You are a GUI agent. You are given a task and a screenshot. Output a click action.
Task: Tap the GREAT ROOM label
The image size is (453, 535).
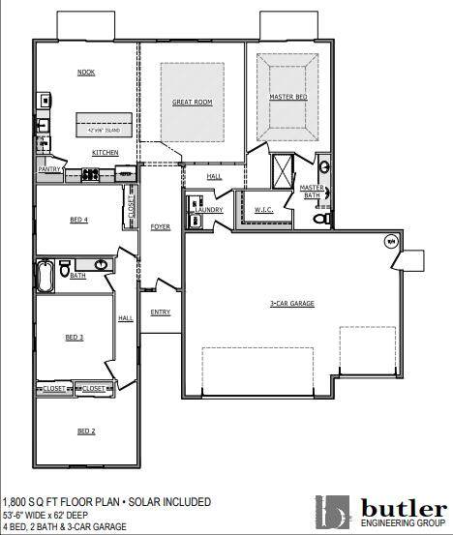(192, 102)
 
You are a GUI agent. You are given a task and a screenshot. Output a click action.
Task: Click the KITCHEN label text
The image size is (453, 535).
(106, 153)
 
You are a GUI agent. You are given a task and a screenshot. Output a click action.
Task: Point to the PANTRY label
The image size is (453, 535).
(49, 169)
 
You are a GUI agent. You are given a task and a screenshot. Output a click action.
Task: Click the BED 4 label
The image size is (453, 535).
(78, 221)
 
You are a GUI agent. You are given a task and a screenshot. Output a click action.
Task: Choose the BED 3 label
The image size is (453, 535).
(75, 337)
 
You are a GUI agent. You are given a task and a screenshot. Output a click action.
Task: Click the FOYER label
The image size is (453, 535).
(160, 227)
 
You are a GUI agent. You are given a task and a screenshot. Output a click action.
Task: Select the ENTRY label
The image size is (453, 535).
(160, 312)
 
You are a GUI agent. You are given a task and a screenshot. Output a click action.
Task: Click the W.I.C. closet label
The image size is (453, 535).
(264, 210)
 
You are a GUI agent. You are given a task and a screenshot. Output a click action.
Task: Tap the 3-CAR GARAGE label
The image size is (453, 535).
(291, 304)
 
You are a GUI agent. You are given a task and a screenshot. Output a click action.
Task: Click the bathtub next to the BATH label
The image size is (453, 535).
(45, 276)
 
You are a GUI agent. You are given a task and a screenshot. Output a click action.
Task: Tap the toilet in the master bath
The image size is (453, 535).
(323, 221)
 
